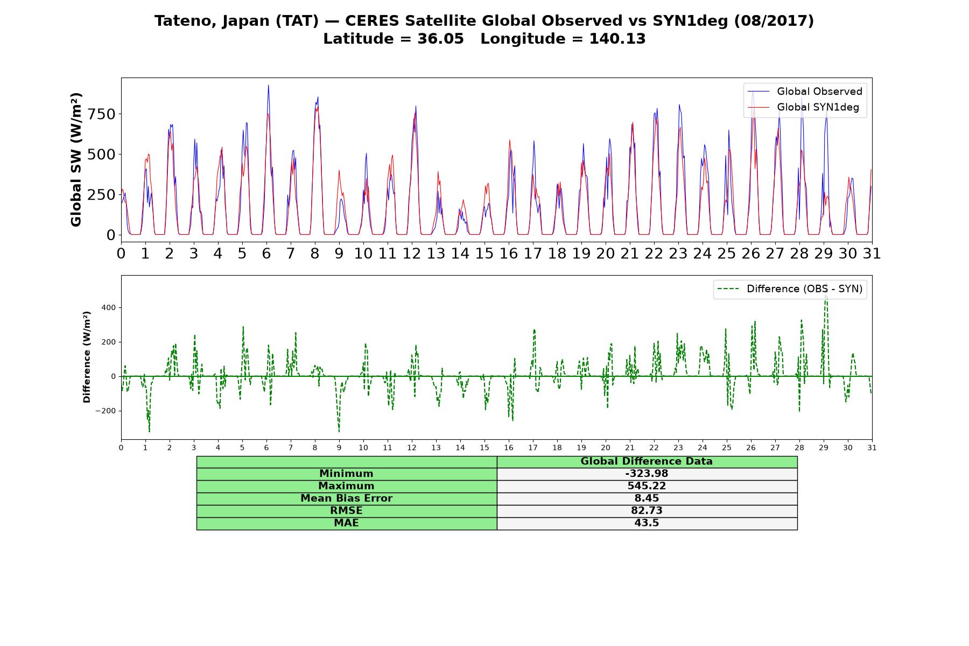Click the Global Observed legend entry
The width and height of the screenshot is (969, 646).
point(805,92)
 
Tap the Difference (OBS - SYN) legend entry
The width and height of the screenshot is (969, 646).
point(790,289)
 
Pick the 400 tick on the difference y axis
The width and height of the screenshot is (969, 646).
point(109,308)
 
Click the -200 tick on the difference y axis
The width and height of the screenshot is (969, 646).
point(106,411)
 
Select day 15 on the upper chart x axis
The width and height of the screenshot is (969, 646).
point(484,253)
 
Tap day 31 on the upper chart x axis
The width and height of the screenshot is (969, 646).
point(872,253)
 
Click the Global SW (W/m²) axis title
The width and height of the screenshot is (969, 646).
point(76,159)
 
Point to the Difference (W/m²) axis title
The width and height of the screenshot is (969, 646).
point(87,357)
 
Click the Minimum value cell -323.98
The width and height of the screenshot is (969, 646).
point(647,474)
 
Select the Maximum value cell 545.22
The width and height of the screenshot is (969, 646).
point(647,486)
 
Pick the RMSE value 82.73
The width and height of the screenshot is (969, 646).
point(647,511)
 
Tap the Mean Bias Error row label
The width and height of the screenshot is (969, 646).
point(346,498)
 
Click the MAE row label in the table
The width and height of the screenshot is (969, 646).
point(346,523)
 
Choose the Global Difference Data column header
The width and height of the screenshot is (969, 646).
point(647,461)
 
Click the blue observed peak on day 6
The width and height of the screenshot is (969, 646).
point(268,85)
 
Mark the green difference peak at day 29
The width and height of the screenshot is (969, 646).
point(826,295)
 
